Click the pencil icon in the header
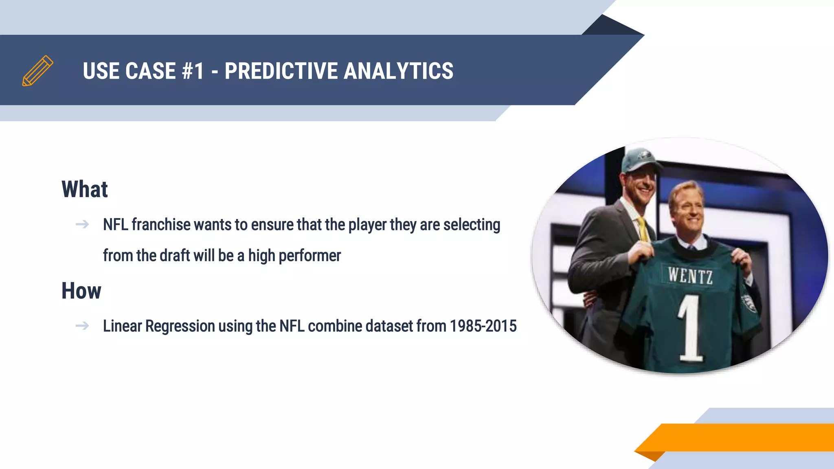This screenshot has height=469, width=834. pyautogui.click(x=37, y=71)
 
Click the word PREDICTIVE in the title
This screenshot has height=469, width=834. pyautogui.click(x=281, y=71)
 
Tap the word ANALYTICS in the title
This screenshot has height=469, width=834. pyautogui.click(x=398, y=71)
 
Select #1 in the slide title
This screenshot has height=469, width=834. pyautogui.click(x=193, y=71)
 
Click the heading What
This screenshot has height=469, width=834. pyautogui.click(x=85, y=189)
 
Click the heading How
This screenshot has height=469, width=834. pyautogui.click(x=81, y=291)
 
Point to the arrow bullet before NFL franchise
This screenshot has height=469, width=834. pyautogui.click(x=82, y=224)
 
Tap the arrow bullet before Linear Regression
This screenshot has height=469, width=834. pyautogui.click(x=82, y=326)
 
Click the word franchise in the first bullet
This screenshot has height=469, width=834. pyautogui.click(x=161, y=224)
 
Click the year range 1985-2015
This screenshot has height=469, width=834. pyautogui.click(x=483, y=326)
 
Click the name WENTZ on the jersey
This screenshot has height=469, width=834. pyautogui.click(x=690, y=276)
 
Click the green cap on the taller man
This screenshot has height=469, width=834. pyautogui.click(x=639, y=160)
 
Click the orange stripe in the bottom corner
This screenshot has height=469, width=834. pyautogui.click(x=741, y=437)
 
